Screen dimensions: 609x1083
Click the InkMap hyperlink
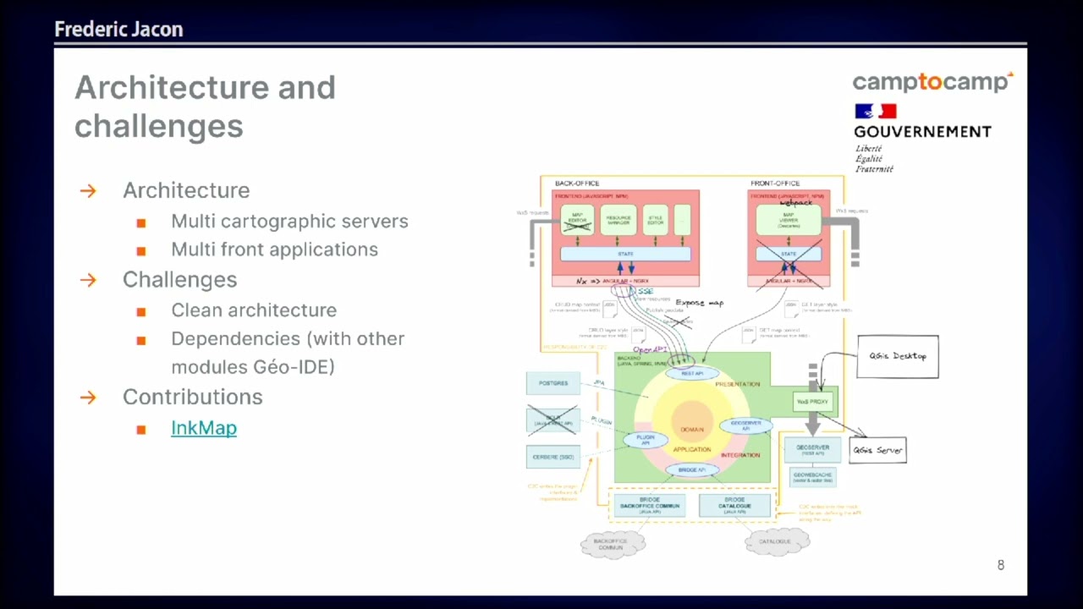pyautogui.click(x=203, y=428)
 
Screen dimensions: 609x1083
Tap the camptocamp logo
pyautogui.click(x=932, y=82)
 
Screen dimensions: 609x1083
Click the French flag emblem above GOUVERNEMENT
pyautogui.click(x=875, y=112)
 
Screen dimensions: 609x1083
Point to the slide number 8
pyautogui.click(x=1000, y=565)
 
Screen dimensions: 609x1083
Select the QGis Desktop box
pyautogui.click(x=897, y=356)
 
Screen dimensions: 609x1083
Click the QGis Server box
pyautogui.click(x=877, y=450)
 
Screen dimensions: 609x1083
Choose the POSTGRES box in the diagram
pyautogui.click(x=552, y=383)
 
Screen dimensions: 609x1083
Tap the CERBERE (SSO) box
pyautogui.click(x=552, y=457)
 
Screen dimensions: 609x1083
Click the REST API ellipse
pyautogui.click(x=691, y=373)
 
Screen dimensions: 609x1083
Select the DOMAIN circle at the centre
pyautogui.click(x=691, y=429)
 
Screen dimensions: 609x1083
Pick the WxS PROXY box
pyautogui.click(x=812, y=402)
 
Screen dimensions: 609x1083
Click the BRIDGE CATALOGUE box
pyautogui.click(x=734, y=505)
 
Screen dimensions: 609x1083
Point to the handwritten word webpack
pyautogui.click(x=795, y=203)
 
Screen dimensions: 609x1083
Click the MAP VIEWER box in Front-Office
pyautogui.click(x=788, y=221)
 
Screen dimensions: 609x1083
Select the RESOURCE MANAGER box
pyautogui.click(x=618, y=220)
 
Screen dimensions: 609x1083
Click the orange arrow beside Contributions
pyautogui.click(x=88, y=397)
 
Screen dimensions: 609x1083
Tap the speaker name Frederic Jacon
pyautogui.click(x=118, y=30)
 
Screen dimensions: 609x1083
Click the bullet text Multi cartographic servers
pyautogui.click(x=289, y=221)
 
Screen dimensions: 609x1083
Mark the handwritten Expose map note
pyautogui.click(x=699, y=302)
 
